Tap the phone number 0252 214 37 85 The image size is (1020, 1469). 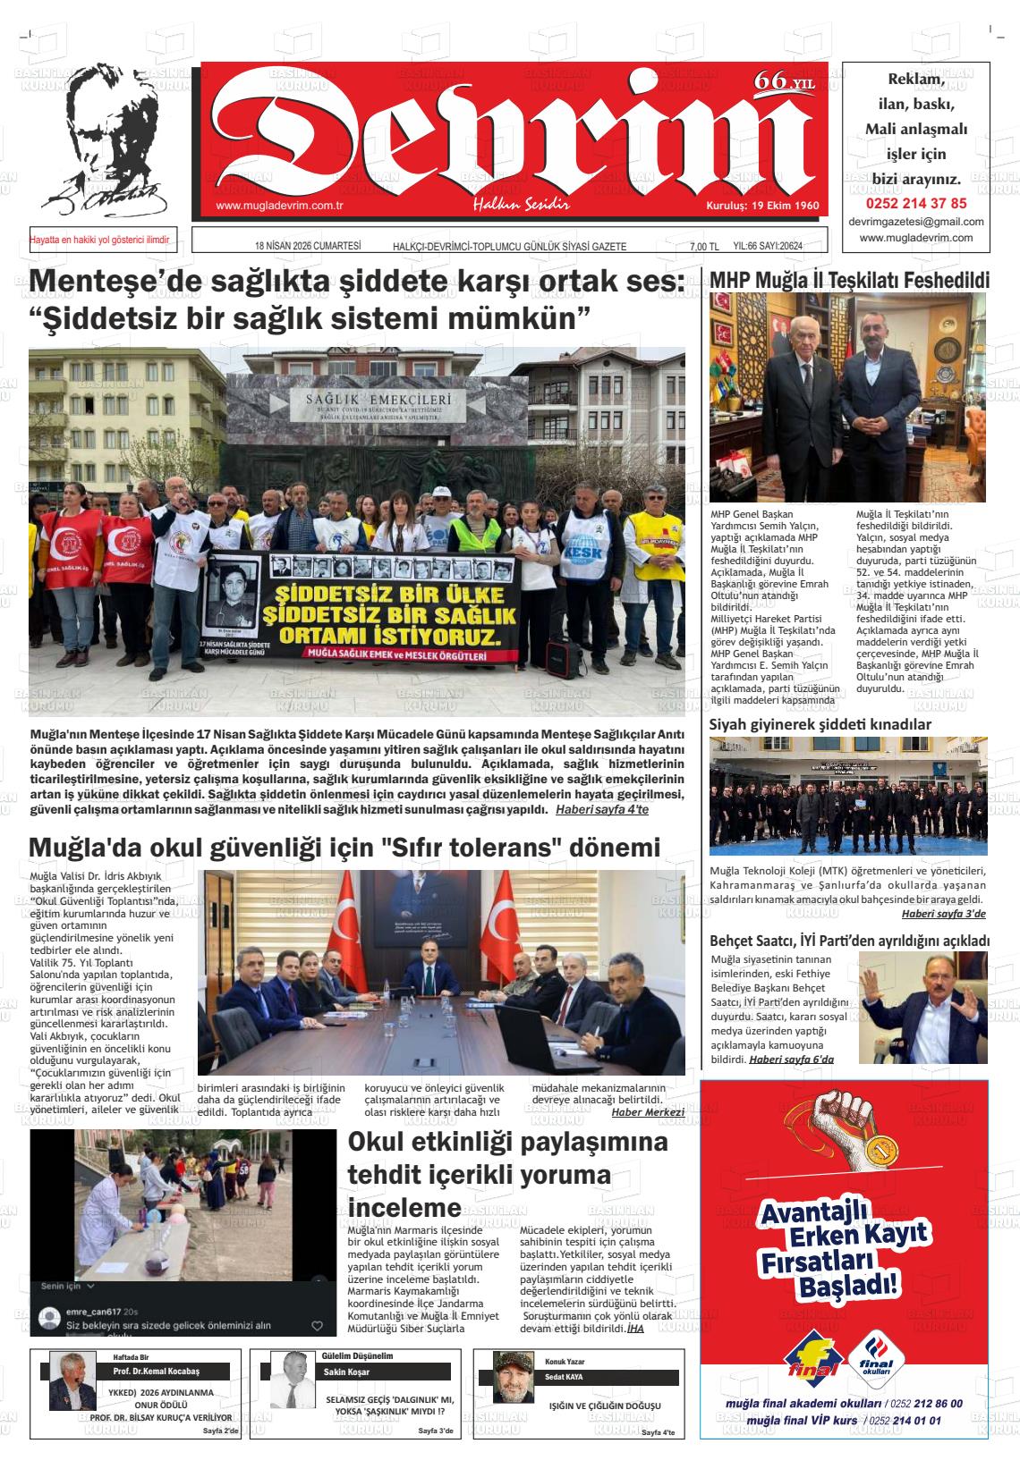[x=915, y=203]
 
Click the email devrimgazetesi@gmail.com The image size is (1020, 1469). [x=915, y=222]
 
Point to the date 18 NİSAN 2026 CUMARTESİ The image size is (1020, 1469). [x=308, y=246]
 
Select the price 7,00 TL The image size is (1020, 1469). [x=704, y=247]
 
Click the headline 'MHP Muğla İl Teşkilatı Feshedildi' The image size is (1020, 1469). [x=849, y=280]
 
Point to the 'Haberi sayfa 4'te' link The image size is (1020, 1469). [x=601, y=809]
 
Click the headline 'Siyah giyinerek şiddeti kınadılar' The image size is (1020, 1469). [x=820, y=724]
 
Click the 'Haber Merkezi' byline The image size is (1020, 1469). [x=648, y=1112]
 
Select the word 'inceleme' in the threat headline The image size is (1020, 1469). [x=404, y=1207]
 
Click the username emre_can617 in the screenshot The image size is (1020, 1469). [x=94, y=1312]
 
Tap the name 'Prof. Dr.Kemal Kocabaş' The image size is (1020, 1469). [x=156, y=1372]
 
